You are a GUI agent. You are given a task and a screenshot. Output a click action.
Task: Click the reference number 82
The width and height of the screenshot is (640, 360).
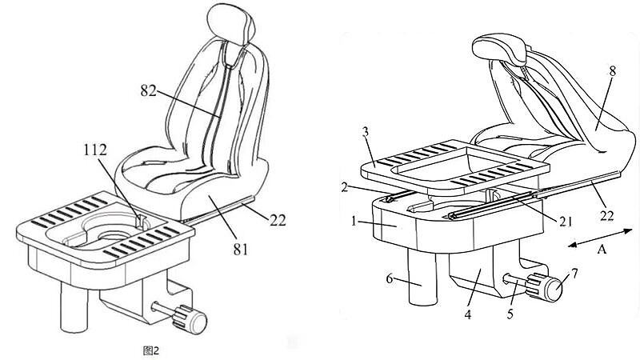coord(148,90)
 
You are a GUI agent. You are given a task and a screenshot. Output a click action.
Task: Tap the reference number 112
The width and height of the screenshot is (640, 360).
coord(95,150)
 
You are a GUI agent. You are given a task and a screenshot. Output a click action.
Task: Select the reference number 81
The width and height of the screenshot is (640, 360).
coord(241,249)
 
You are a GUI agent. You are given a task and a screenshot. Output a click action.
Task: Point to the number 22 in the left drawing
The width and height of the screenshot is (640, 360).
coord(278,221)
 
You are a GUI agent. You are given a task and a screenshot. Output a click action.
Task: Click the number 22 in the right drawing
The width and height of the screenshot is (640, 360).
coord(606,215)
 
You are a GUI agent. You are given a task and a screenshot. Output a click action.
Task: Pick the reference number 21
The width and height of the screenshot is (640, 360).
coord(566,221)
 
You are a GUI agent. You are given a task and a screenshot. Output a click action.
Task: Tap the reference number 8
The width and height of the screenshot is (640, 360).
coord(612,71)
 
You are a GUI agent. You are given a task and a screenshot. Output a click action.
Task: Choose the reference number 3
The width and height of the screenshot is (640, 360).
coord(366,132)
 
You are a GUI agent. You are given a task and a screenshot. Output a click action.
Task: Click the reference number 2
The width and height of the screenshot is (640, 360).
coord(345,187)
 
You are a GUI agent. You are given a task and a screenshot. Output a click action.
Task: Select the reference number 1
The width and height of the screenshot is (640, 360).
coord(354,222)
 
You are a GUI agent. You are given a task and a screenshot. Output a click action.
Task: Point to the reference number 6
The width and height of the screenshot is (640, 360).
coord(390,278)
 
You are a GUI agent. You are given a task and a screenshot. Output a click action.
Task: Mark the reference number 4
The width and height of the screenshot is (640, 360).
coord(468,314)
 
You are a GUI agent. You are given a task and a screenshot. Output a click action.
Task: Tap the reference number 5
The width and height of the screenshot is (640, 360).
coord(510,314)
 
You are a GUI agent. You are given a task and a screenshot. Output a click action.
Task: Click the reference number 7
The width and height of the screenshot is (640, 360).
coord(574,273)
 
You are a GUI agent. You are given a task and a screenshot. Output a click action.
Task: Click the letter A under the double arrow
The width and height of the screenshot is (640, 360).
coord(602,249)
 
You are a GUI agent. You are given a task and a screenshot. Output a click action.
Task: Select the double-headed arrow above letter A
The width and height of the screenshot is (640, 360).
coord(600,238)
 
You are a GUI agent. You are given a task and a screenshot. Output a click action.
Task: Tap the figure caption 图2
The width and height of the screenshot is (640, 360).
coord(151,350)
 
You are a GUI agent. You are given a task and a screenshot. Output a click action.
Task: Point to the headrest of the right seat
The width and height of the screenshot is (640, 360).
coord(499,49)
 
